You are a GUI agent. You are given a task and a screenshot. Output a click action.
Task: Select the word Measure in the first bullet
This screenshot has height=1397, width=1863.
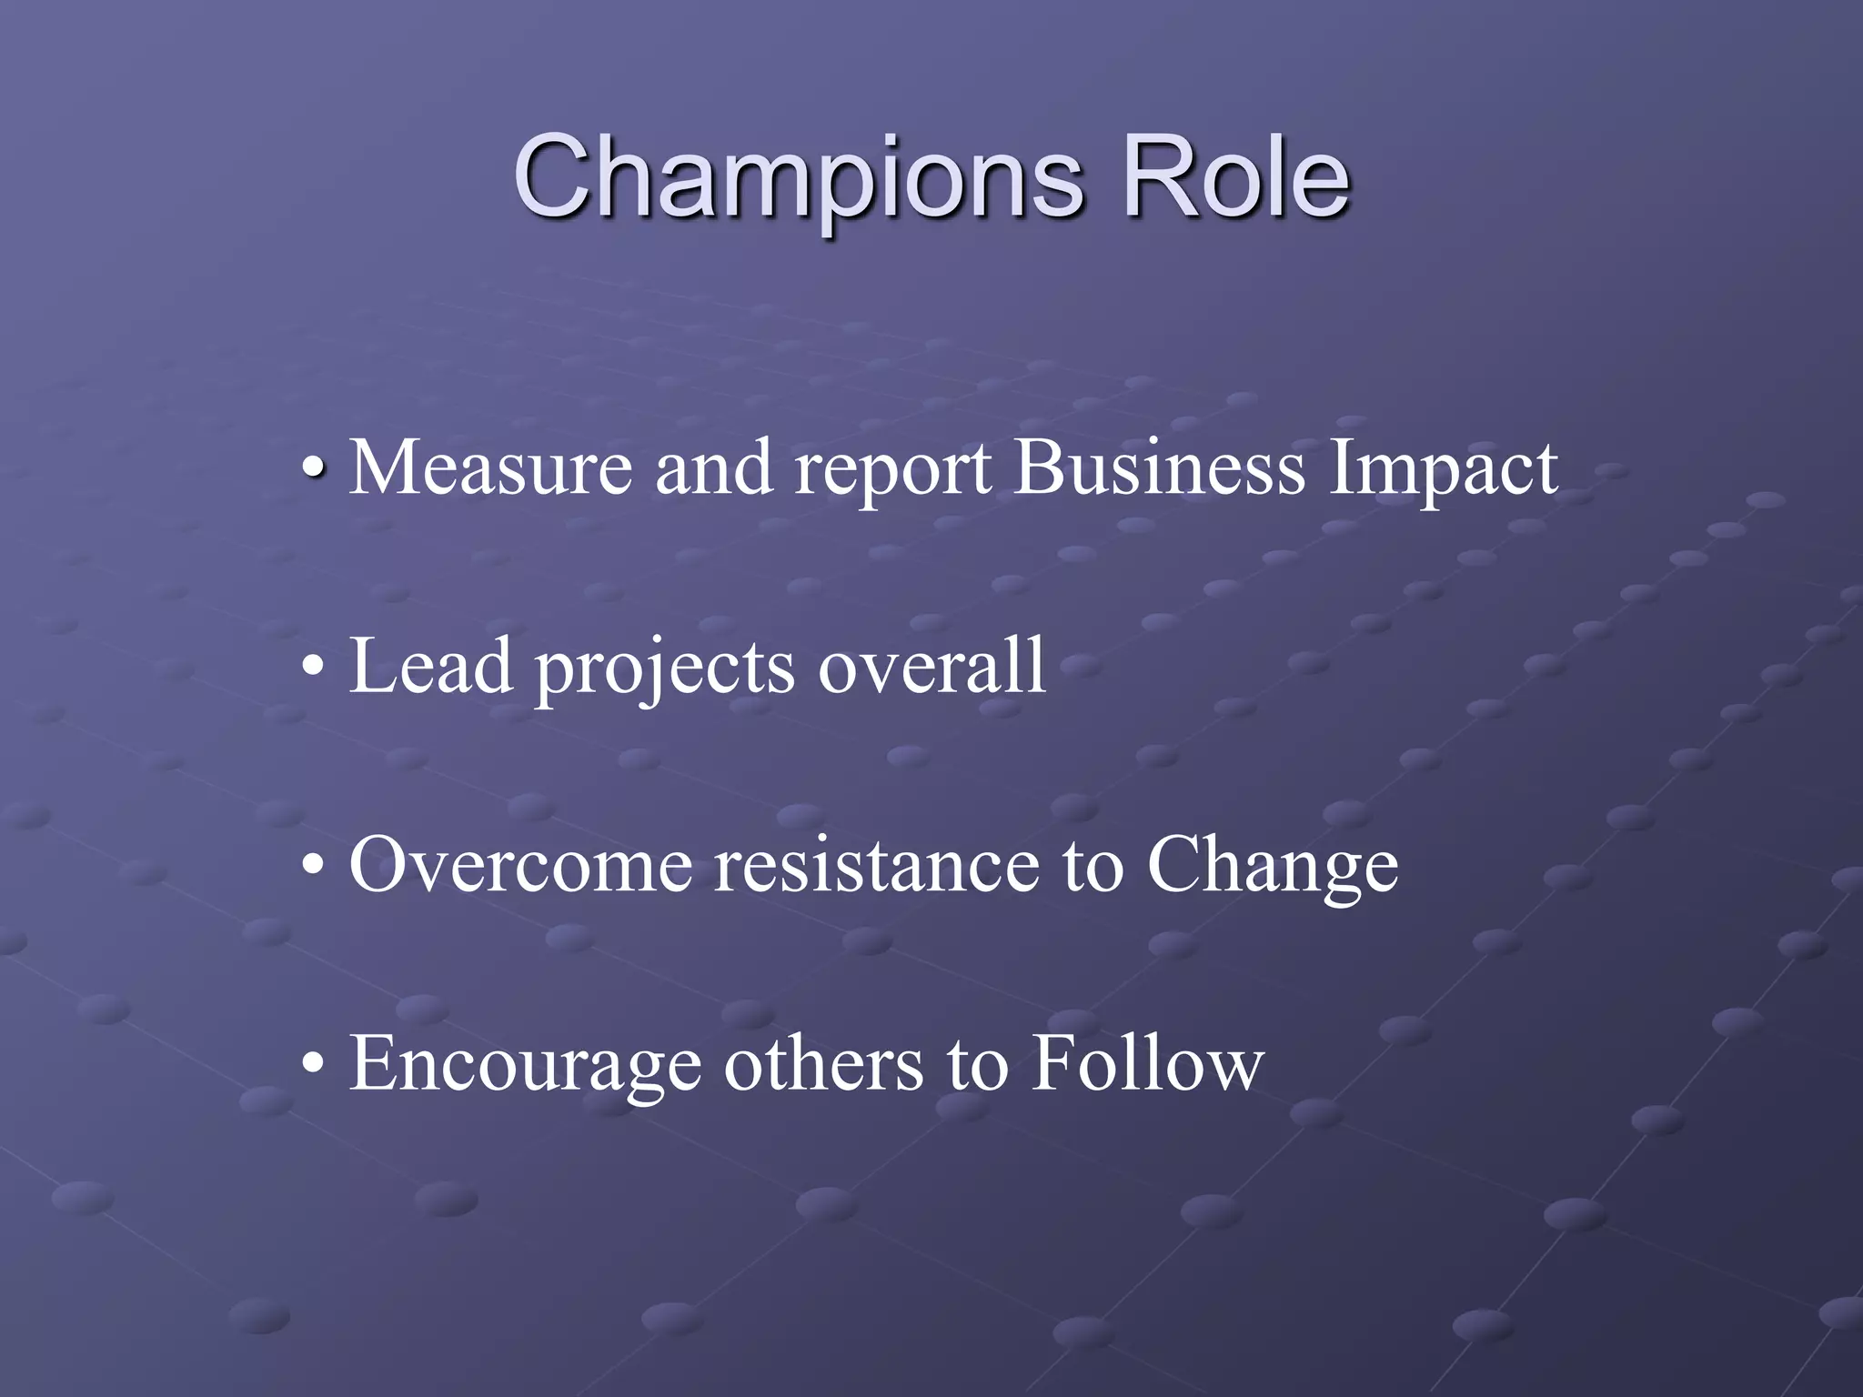(x=490, y=468)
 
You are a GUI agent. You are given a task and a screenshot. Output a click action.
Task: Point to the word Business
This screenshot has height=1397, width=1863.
(x=1160, y=468)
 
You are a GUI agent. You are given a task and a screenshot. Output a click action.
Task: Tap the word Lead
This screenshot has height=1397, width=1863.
(x=431, y=667)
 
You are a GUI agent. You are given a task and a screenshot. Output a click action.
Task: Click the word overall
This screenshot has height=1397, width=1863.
(x=931, y=667)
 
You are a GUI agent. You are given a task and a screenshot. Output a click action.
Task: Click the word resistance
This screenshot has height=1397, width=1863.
(x=876, y=865)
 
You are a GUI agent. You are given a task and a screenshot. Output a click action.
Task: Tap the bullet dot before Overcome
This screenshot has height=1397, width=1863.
(x=312, y=867)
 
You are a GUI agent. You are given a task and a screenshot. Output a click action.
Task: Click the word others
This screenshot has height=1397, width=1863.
(x=823, y=1063)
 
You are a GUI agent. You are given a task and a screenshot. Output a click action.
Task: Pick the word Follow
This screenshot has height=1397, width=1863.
(x=1147, y=1063)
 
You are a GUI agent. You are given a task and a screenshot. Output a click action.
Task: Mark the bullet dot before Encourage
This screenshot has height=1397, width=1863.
(x=312, y=1064)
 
